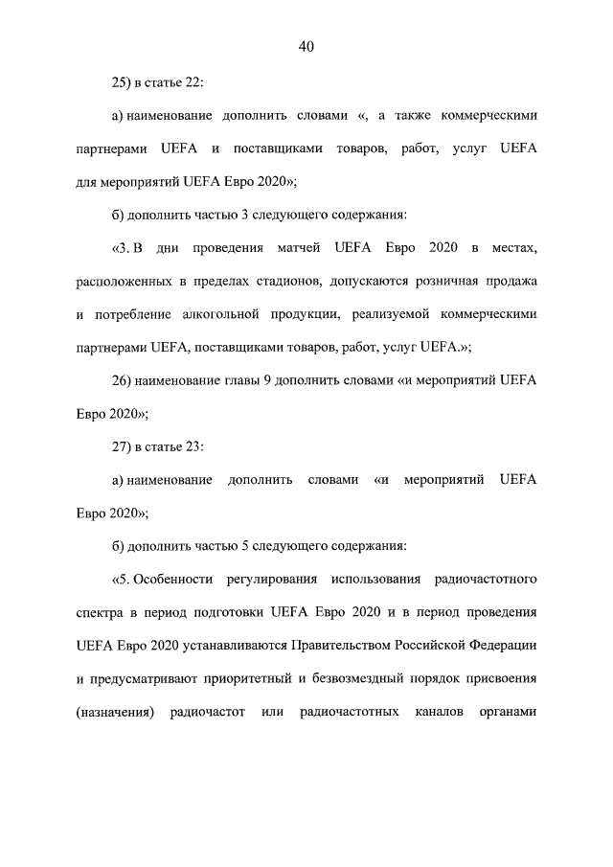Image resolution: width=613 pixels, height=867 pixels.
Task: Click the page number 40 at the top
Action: [306, 46]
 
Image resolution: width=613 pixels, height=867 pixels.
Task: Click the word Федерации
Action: [495, 645]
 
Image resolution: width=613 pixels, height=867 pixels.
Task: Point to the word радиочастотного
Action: [486, 579]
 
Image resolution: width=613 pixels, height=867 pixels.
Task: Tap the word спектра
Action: [99, 612]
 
